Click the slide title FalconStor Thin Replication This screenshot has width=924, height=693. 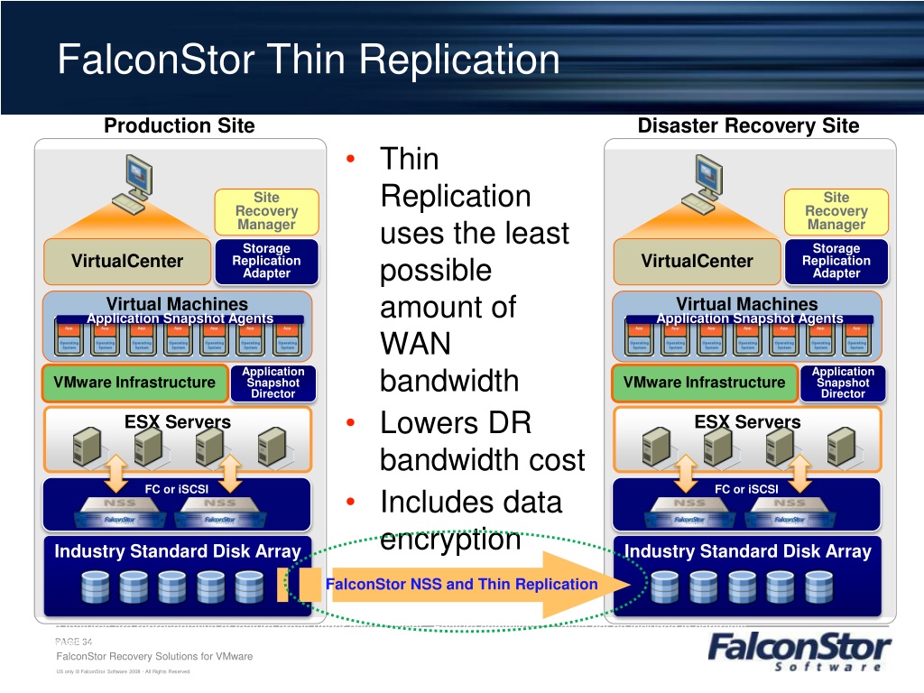(309, 60)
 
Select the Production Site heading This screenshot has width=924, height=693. (180, 125)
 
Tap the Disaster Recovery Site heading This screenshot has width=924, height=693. (748, 125)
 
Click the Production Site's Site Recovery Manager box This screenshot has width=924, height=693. (266, 211)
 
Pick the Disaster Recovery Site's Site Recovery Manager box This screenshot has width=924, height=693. (836, 211)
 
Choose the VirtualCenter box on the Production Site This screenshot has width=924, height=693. (127, 261)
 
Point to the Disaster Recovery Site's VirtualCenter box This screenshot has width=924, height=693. (697, 261)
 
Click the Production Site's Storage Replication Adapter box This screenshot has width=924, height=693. (266, 261)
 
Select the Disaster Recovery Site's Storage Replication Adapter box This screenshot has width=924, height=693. (836, 261)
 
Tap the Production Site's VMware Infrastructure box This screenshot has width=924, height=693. (134, 383)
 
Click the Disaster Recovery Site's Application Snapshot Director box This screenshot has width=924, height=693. (843, 383)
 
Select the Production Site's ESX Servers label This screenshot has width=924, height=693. (177, 421)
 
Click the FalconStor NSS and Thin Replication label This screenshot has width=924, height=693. (461, 584)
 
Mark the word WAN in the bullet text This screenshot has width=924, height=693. (415, 345)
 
